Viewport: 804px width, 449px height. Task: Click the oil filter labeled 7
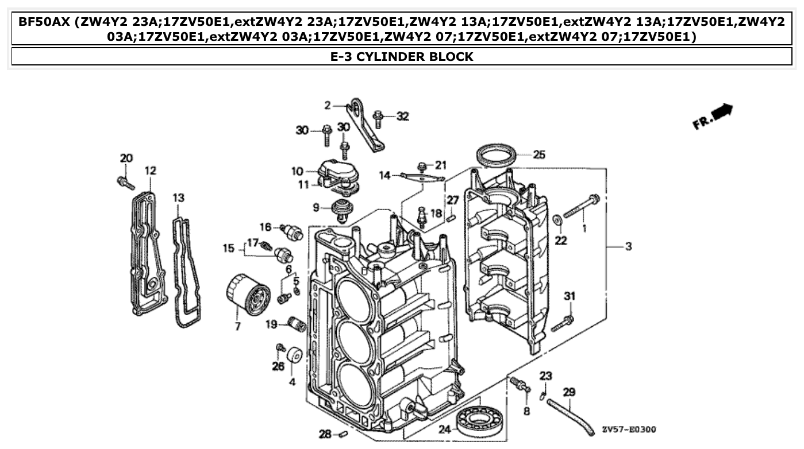tap(248, 295)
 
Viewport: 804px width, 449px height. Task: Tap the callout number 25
tap(538, 154)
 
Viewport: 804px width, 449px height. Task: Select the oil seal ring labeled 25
tap(495, 156)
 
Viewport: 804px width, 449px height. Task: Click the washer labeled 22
tap(557, 220)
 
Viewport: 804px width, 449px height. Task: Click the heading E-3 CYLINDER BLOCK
tap(402, 56)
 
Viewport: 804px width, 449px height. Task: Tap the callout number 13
tap(179, 198)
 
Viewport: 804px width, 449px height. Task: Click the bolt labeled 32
tap(378, 119)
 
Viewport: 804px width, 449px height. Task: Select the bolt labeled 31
tap(563, 323)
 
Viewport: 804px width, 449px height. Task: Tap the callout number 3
tap(628, 246)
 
